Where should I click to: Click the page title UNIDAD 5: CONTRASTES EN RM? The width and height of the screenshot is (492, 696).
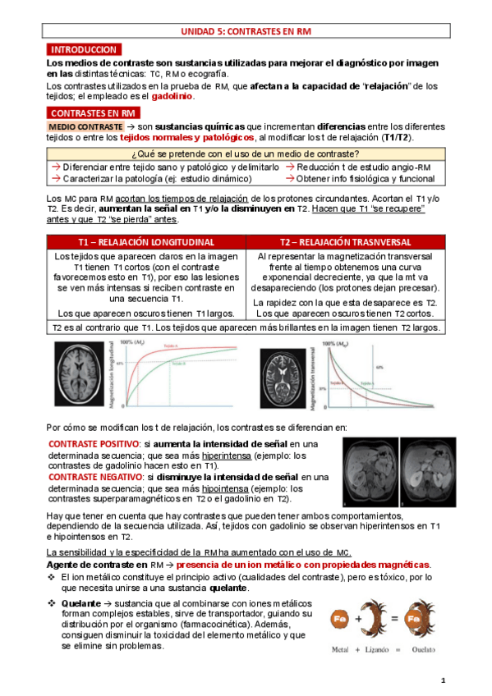pos(246,31)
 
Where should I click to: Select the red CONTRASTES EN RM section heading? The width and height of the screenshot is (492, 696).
pos(93,112)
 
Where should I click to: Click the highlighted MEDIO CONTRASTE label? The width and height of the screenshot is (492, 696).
pos(84,127)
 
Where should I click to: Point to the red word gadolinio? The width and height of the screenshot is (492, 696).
pos(172,96)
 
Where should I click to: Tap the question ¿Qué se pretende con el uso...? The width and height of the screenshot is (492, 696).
pos(246,154)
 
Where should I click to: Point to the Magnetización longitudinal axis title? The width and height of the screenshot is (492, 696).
pos(112,373)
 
